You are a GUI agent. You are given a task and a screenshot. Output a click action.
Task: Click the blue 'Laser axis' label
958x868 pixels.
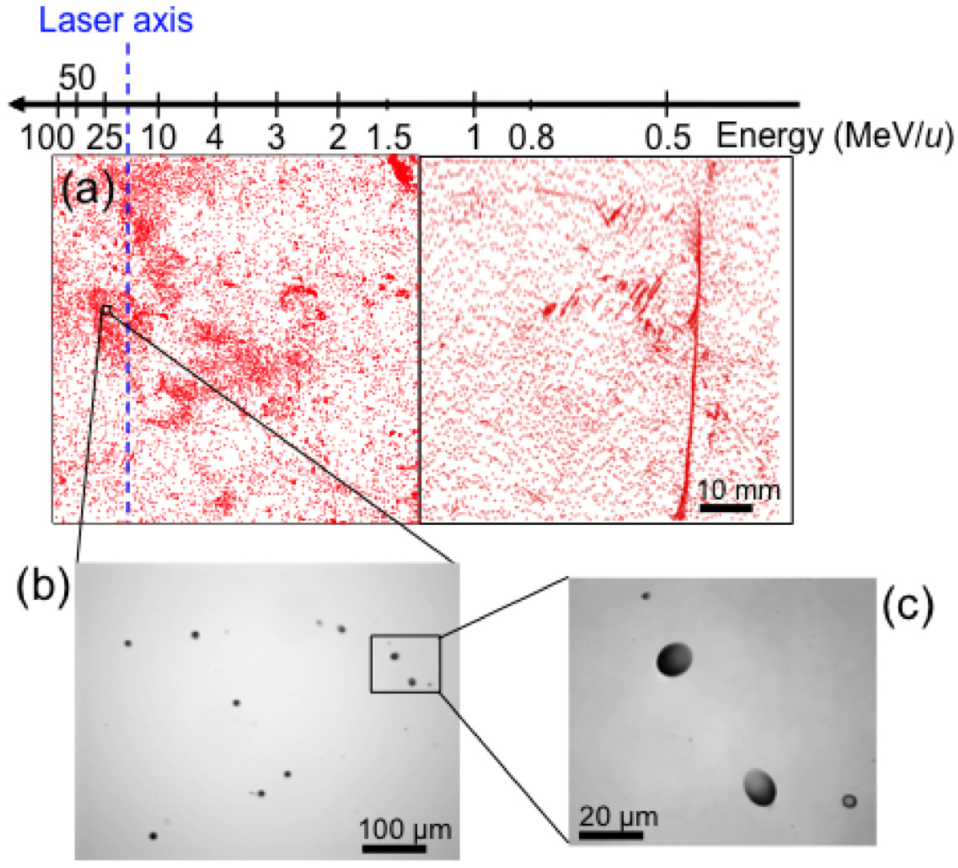(x=116, y=20)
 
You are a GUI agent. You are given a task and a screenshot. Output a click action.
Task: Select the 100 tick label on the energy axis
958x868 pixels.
(x=47, y=138)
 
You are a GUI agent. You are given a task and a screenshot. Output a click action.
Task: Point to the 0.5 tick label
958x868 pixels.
(x=667, y=138)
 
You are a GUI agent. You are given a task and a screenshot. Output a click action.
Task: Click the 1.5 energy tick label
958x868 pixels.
(x=389, y=138)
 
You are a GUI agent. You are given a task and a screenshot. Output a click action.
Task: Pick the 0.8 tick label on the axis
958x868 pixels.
(x=531, y=138)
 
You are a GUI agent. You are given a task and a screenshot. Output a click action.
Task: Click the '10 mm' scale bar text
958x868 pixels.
(x=739, y=490)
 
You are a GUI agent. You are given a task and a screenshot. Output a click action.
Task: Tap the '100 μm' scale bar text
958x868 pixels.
(x=405, y=830)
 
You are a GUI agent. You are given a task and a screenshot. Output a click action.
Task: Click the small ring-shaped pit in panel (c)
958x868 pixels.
(x=850, y=801)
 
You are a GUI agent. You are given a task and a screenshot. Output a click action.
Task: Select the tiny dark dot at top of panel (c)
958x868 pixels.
(x=645, y=596)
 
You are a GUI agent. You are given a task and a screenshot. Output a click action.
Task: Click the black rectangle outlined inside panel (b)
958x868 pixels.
(x=406, y=664)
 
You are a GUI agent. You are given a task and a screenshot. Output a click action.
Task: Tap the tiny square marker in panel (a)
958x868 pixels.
(x=106, y=310)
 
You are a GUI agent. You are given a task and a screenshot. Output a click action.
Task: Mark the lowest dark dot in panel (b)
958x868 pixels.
(x=153, y=836)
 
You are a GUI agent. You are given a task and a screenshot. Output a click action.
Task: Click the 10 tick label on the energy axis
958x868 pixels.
(x=159, y=138)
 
